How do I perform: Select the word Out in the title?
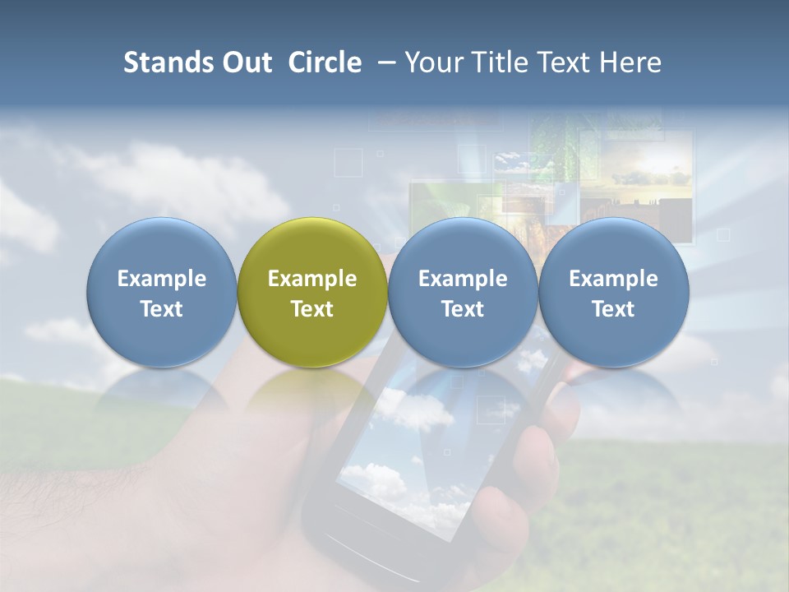(x=244, y=62)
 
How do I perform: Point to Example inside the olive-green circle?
(x=312, y=279)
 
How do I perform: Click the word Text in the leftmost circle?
(x=162, y=309)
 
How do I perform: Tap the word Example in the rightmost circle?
(x=613, y=279)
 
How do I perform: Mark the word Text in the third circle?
(x=463, y=309)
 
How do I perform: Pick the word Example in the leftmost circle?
(x=162, y=279)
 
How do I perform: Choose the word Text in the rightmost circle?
(x=613, y=309)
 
